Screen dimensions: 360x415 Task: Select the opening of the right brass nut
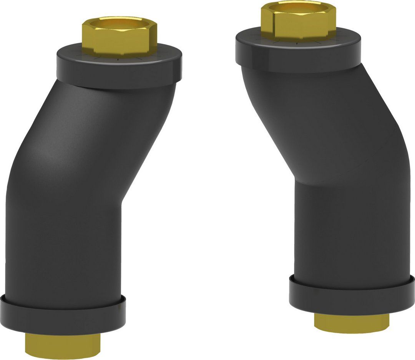[298, 6]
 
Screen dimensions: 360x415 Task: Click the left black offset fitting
[77, 192]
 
